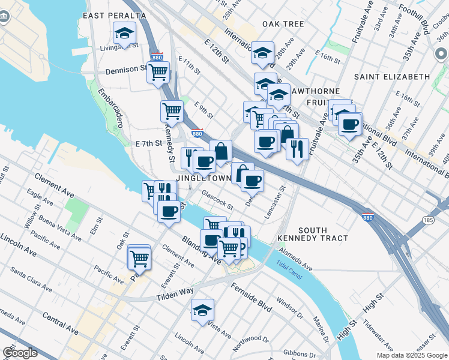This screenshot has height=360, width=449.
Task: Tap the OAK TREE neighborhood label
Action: pos(283,24)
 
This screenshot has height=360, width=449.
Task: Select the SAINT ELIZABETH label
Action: pos(392,77)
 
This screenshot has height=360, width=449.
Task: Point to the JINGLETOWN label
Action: pos(203,179)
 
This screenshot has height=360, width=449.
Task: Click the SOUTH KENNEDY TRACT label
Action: pos(313,234)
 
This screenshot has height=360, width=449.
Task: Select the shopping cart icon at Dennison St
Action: pos(158,71)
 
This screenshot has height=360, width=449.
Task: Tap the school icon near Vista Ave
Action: pos(203,310)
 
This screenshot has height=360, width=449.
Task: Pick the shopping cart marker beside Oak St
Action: pos(139,259)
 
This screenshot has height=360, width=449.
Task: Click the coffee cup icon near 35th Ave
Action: pos(351,124)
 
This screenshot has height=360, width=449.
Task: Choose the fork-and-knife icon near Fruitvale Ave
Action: pos(297,148)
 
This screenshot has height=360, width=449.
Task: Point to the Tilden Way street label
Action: pos(175,290)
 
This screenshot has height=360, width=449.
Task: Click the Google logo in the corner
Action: pos(20,353)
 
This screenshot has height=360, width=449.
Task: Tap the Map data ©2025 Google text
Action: pos(412,355)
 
